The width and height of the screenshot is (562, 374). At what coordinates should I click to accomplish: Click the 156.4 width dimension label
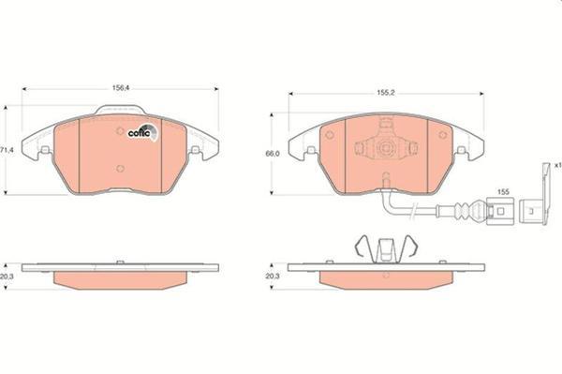point(121,87)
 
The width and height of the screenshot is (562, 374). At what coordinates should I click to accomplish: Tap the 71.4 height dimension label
point(7,150)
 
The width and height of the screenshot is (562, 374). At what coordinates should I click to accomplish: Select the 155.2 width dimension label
point(386,94)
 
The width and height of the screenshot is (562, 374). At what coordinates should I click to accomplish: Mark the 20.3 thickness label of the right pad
point(273,277)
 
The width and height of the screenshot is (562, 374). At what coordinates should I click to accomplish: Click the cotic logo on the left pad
point(140,132)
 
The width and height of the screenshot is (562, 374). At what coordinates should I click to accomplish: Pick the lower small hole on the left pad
point(120,169)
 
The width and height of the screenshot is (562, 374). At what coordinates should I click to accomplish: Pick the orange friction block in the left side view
point(121,280)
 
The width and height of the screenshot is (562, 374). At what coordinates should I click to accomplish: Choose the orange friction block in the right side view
point(385,279)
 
